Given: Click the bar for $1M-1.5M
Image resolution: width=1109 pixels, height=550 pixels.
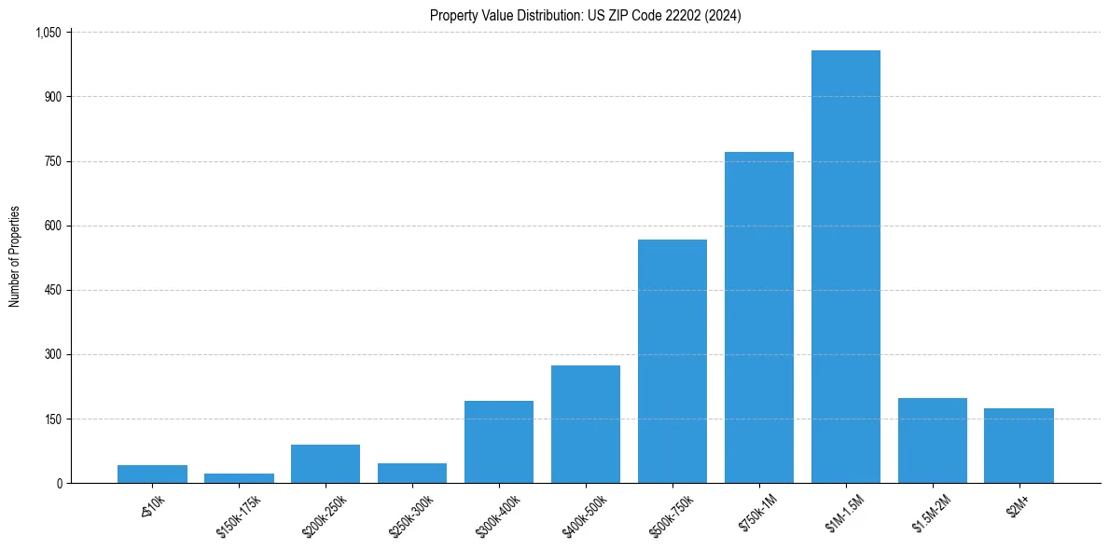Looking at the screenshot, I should (x=845, y=267).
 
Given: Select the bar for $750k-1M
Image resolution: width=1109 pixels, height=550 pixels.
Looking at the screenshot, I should (x=758, y=317).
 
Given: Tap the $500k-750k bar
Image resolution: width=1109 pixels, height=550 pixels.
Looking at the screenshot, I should (x=672, y=361).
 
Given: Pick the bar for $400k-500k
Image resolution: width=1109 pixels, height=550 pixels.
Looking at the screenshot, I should (x=585, y=424).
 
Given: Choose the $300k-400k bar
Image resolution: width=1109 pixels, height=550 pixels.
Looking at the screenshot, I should (x=498, y=442).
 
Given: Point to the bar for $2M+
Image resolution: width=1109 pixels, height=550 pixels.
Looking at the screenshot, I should (x=1019, y=446).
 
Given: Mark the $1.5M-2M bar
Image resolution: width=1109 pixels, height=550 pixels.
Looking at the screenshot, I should (x=932, y=440).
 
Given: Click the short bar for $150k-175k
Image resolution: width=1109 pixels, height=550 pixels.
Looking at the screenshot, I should (x=239, y=478).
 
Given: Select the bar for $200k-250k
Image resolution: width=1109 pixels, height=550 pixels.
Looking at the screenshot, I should (x=325, y=463).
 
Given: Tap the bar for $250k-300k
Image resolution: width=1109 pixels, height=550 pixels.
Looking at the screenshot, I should (x=411, y=473).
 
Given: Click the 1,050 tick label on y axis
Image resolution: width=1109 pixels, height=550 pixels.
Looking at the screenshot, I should (x=48, y=33).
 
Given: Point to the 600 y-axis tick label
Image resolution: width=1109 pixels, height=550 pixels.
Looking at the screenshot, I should (x=52, y=226).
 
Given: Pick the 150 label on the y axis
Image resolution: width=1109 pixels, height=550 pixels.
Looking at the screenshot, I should (x=52, y=419).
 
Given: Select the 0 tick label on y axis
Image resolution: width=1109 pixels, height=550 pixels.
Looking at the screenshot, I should (x=58, y=483).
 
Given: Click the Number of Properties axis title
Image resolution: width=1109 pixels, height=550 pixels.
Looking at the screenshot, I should (x=14, y=257).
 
